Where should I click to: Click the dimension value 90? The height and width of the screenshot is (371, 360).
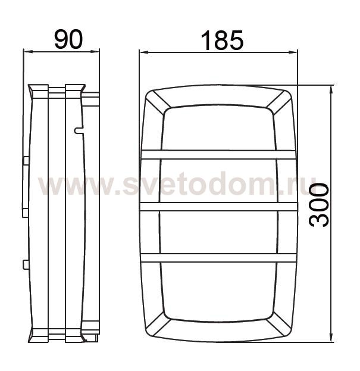click(x=68, y=39)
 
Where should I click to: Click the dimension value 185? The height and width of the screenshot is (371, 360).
click(x=222, y=40)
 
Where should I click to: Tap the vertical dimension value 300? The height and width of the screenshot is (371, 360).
click(x=319, y=205)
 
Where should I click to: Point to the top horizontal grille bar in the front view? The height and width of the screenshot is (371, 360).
click(x=218, y=154)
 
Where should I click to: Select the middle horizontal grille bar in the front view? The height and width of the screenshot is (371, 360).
click(x=218, y=207)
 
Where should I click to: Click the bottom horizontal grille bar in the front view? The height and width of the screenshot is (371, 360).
click(x=218, y=258)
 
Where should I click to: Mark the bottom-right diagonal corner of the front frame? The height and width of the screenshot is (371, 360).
click(x=279, y=324)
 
